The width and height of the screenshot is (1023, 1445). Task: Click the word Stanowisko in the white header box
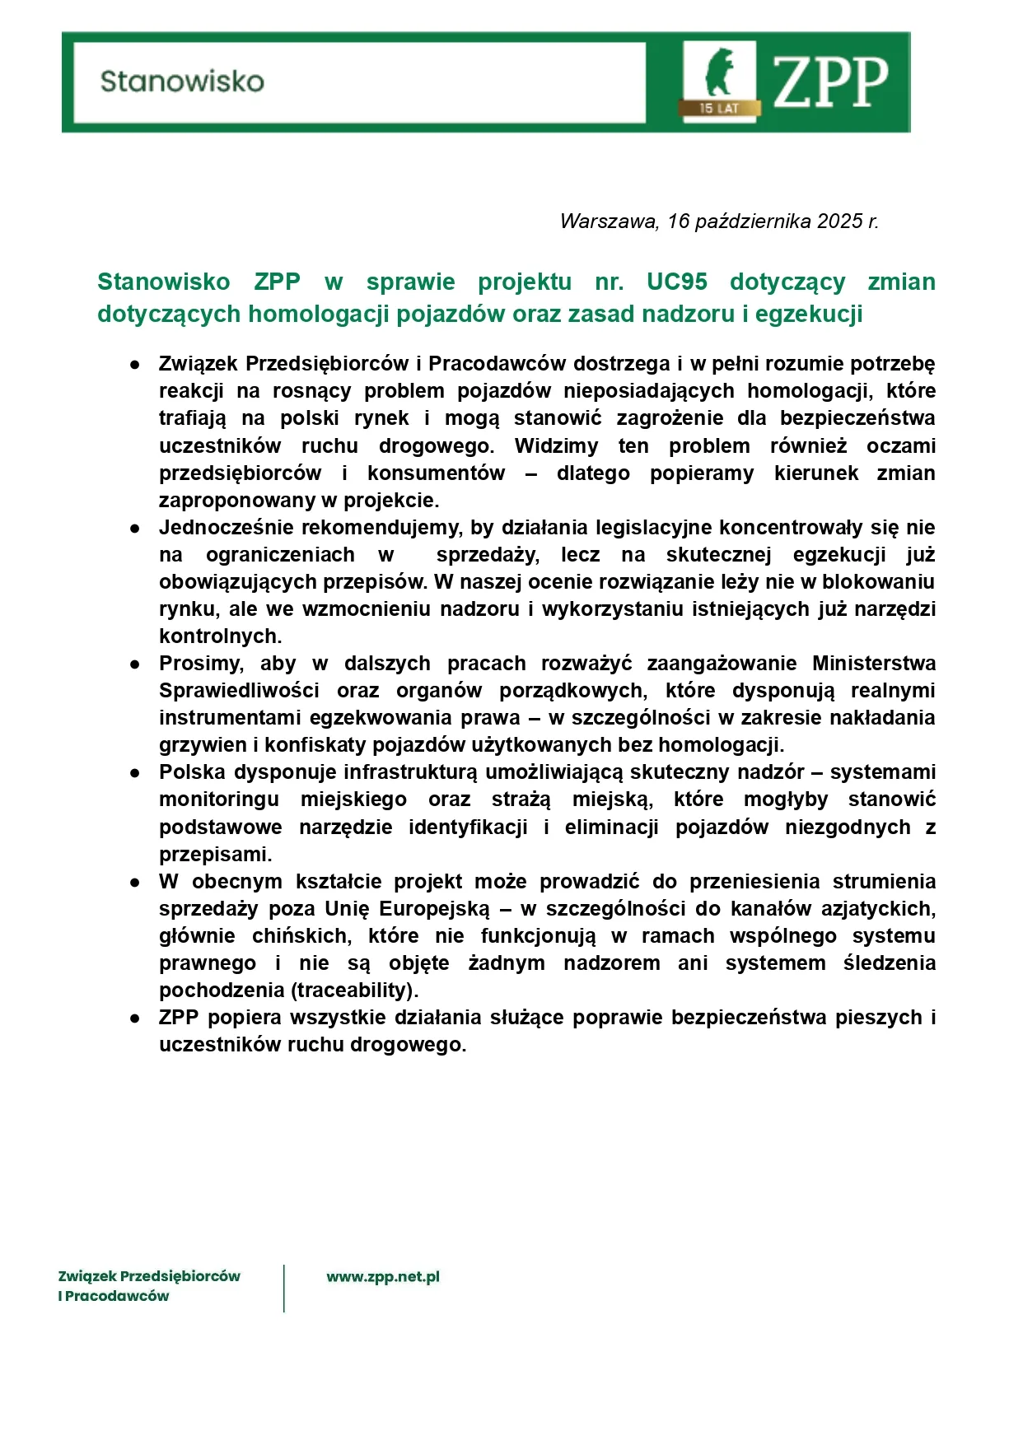[x=182, y=82]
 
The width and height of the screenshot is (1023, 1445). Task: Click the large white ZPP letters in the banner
[x=830, y=83]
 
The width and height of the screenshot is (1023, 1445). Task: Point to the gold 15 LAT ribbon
[x=719, y=108]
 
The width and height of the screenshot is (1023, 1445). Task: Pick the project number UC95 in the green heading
[x=676, y=282]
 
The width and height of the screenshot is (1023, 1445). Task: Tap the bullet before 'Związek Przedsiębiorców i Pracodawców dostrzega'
[x=135, y=364]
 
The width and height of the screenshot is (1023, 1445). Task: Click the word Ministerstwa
[x=874, y=664]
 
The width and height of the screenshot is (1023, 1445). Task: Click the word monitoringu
[x=219, y=799]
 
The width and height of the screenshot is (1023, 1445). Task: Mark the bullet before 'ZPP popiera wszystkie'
[x=135, y=1018]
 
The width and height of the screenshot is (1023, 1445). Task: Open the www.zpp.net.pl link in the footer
[x=383, y=1277]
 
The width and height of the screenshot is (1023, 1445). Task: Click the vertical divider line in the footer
[x=284, y=1288]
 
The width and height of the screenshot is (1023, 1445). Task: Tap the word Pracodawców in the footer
[x=117, y=1296]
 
